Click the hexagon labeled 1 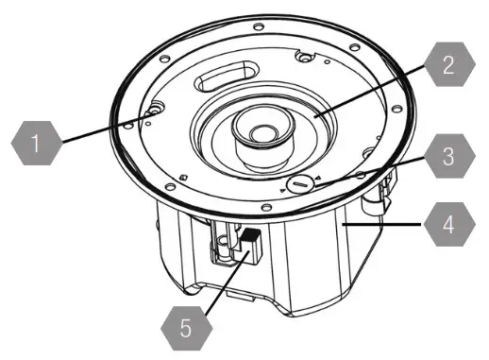36,146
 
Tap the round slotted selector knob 300,182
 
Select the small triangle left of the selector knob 282,190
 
